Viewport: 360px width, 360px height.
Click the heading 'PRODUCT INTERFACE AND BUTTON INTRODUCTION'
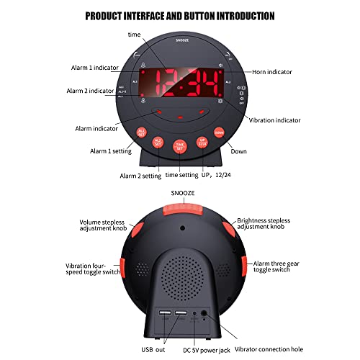click(180, 15)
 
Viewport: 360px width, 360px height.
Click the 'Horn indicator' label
click(277, 72)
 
